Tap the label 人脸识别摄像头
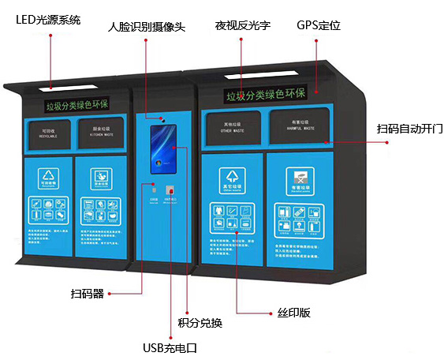pyautogui.click(x=146, y=27)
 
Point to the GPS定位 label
pyautogui.click(x=318, y=25)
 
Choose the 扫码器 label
pyautogui.click(x=87, y=294)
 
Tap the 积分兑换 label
pyautogui.click(x=201, y=323)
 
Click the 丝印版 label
pyautogui.click(x=294, y=313)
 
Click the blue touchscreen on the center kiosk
pyautogui.click(x=162, y=147)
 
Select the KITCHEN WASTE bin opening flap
pyautogui.click(x=98, y=132)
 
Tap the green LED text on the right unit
pyautogui.click(x=264, y=96)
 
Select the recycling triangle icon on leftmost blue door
pyautogui.click(x=49, y=179)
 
